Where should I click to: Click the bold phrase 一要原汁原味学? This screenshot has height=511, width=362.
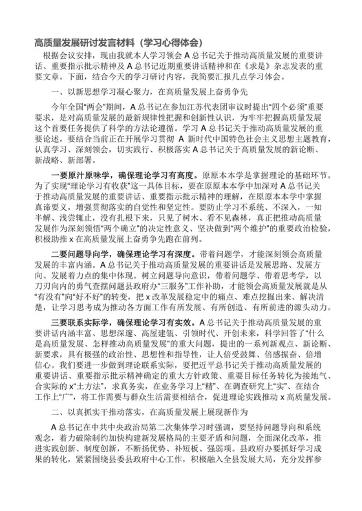click(84, 173)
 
